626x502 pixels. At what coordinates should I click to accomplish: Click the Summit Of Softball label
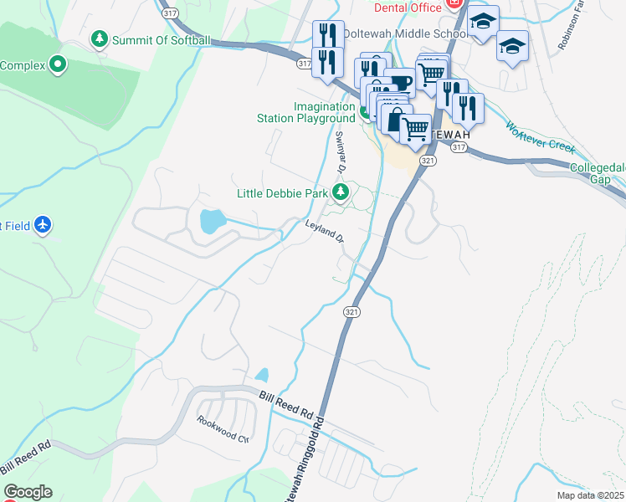point(162,40)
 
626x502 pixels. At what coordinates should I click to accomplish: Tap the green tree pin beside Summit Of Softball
point(100,39)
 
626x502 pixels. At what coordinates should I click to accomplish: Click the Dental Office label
point(407,8)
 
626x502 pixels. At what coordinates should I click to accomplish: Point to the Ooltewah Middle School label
point(415,33)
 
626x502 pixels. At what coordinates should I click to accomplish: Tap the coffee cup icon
point(400,83)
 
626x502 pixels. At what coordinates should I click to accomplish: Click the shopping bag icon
point(395,118)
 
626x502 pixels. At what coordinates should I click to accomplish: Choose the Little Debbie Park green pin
point(340,193)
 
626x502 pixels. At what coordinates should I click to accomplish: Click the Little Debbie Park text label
point(282,193)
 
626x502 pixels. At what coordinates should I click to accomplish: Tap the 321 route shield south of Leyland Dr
point(351,311)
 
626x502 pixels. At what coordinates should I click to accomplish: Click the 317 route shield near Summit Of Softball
point(170,13)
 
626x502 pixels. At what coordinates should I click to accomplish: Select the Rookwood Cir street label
point(223,429)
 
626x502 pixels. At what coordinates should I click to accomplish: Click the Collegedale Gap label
point(597,173)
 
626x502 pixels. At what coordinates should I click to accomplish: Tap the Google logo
point(27,492)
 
